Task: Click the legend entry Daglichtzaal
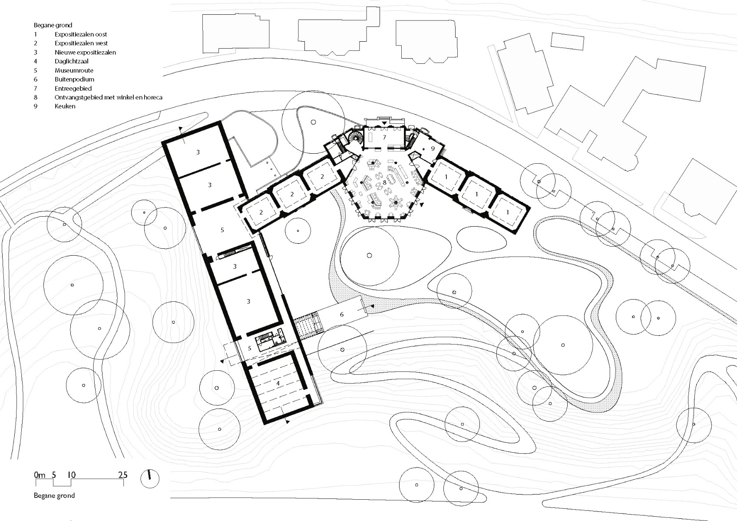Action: [x=71, y=61]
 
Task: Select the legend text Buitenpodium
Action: [x=74, y=79]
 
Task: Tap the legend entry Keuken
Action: [x=65, y=106]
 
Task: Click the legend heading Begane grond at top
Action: [x=53, y=25]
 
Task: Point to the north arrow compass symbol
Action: [x=150, y=479]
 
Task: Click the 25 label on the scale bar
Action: [x=123, y=475]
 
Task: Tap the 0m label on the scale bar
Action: [x=40, y=475]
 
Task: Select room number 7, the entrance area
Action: [x=384, y=137]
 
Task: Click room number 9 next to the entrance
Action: [x=433, y=148]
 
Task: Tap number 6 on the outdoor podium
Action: [x=342, y=314]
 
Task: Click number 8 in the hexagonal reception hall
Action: [x=384, y=183]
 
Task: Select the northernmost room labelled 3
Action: [x=198, y=152]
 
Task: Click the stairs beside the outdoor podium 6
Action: [x=309, y=326]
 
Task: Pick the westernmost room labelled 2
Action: [x=261, y=212]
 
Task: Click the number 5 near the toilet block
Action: [x=250, y=348]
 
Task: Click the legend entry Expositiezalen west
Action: [x=81, y=43]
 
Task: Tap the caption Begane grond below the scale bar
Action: [x=54, y=495]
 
